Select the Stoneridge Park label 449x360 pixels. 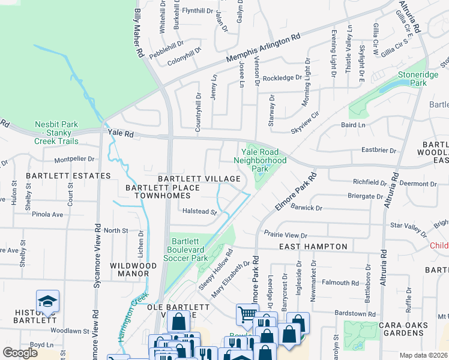point(415,80)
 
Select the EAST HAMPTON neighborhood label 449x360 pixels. point(313,247)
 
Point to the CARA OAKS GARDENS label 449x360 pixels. point(403,329)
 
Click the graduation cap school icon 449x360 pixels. point(47,302)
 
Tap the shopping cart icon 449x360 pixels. point(246,313)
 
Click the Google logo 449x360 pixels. point(20,353)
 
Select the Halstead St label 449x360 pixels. point(199,211)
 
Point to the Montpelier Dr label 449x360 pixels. point(75,160)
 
